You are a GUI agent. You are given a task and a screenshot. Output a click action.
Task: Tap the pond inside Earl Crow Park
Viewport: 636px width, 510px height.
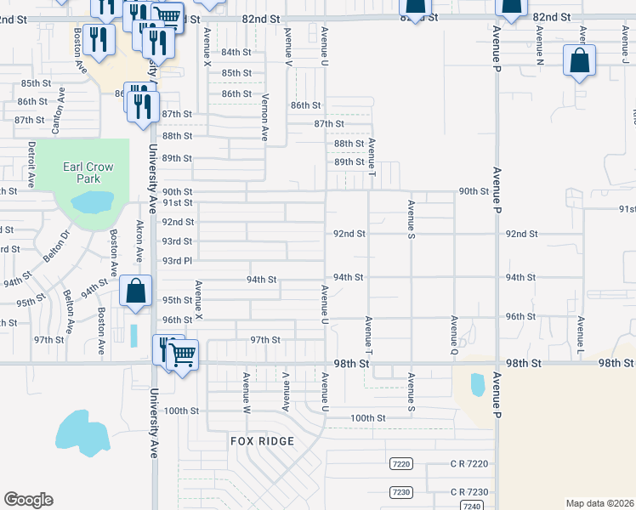(93, 202)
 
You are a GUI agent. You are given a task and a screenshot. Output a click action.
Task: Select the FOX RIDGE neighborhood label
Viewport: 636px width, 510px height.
(262, 441)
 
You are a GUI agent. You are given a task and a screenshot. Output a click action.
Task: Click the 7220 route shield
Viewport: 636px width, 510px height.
(401, 464)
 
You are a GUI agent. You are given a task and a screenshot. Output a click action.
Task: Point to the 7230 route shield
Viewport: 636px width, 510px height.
(401, 492)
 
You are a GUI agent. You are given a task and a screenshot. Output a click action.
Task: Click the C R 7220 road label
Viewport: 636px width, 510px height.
(469, 464)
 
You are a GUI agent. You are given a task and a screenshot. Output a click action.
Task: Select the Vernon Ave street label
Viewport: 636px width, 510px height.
(264, 117)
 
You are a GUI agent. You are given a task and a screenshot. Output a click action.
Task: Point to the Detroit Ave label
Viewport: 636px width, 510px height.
(31, 165)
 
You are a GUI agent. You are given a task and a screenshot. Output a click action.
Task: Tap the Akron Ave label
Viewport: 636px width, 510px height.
(139, 243)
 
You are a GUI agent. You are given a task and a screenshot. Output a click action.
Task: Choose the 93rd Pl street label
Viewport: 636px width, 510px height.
(178, 260)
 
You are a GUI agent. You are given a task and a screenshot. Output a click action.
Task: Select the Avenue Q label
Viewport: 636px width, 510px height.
(454, 335)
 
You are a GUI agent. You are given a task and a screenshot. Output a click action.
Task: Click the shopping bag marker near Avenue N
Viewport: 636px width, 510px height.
(579, 62)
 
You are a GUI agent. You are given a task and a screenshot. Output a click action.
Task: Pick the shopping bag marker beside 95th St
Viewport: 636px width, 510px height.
(135, 291)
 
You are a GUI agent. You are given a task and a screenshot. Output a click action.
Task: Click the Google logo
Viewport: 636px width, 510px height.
(28, 500)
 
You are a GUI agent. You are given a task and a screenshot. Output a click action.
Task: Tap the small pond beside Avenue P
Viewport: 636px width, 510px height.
(477, 384)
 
